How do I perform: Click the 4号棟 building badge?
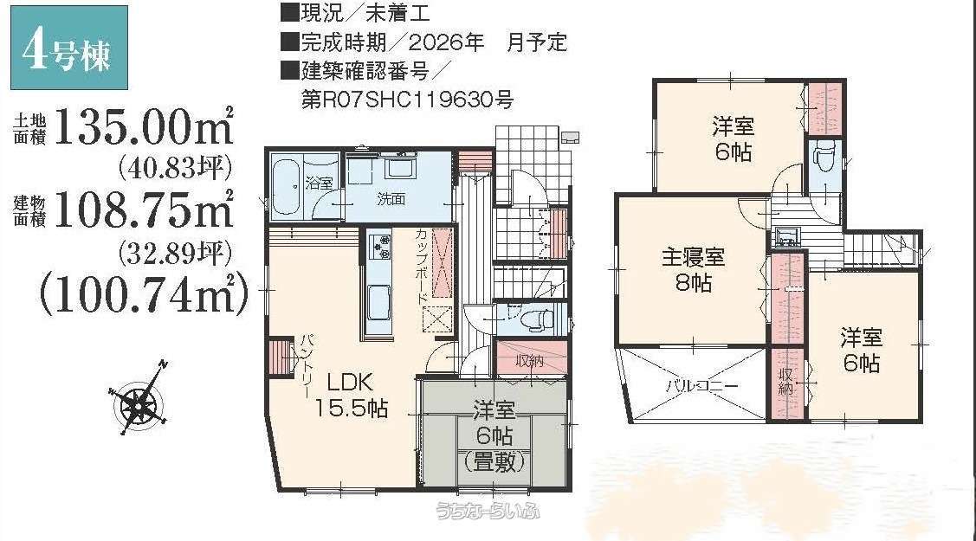click(69, 48)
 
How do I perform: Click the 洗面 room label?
click(391, 199)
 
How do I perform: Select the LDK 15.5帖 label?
click(351, 395)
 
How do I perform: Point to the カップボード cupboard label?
click(422, 266)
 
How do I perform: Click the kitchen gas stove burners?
click(379, 247)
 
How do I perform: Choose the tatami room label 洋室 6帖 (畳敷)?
click(494, 436)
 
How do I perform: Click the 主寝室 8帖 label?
click(693, 270)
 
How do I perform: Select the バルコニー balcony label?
click(702, 385)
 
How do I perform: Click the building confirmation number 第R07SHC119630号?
click(407, 100)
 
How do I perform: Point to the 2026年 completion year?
click(446, 42)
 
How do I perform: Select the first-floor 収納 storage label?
click(530, 360)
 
